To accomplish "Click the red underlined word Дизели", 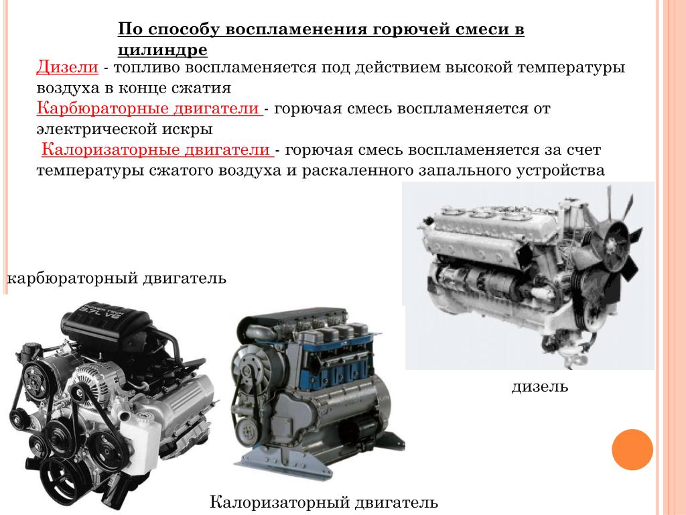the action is [x=68, y=68].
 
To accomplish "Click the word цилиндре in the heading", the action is [x=163, y=50].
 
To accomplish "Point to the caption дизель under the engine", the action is [x=540, y=387].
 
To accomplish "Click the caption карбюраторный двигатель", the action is [x=117, y=278].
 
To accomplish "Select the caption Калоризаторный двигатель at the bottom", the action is [x=324, y=502].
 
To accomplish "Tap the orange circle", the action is [x=632, y=450].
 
